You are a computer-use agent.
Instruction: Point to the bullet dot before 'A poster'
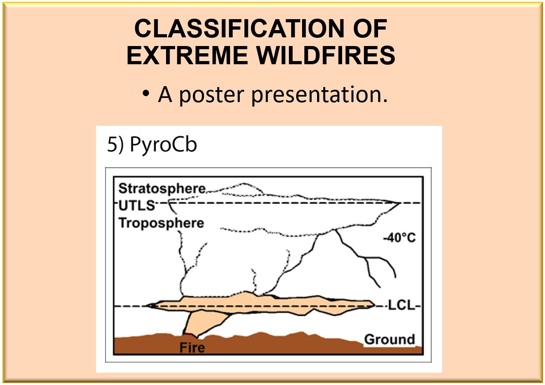pos(146,93)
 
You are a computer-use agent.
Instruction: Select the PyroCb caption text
pos(163,144)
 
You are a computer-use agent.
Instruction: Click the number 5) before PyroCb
pos(115,144)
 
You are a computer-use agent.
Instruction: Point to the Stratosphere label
pos(162,189)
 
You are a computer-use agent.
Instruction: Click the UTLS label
pos(136,205)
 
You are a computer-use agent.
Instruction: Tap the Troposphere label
pos(161,223)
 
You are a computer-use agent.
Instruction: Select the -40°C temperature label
pos(399,238)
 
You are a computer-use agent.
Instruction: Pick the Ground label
pos(389,339)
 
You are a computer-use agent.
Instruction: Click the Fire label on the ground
pos(192,347)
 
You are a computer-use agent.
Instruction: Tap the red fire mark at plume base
pos(189,335)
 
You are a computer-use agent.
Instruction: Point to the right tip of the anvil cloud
pos(400,203)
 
